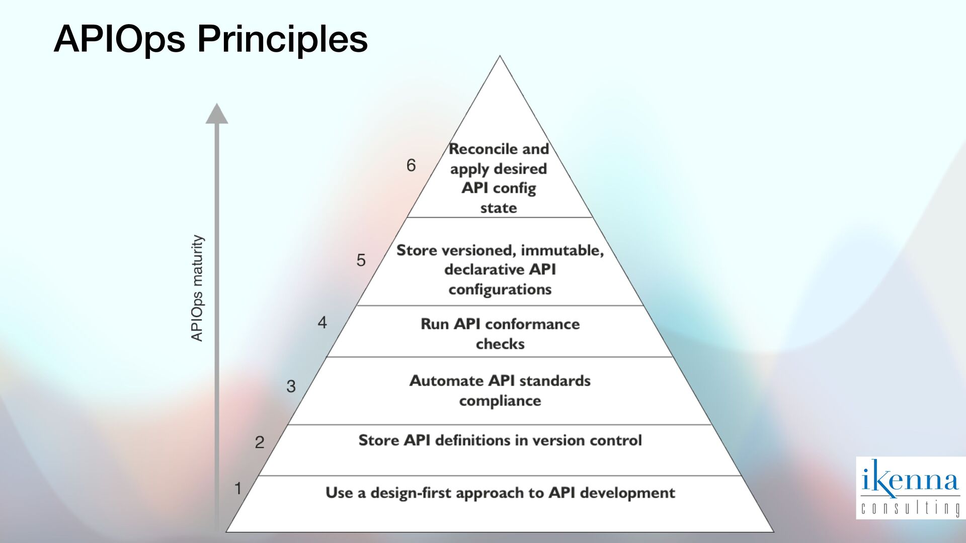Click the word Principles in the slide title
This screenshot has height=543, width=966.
[282, 39]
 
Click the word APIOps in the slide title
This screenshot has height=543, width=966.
[119, 39]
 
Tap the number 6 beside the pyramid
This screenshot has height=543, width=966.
[411, 165]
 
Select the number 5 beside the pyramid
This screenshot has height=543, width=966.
[361, 260]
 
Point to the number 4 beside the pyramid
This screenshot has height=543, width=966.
[322, 322]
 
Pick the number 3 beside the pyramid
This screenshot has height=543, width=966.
[291, 386]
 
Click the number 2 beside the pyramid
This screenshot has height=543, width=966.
[259, 442]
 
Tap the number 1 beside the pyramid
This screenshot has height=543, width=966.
[238, 488]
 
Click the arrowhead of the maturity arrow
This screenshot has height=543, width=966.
[217, 114]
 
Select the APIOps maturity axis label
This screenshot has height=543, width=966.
[197, 288]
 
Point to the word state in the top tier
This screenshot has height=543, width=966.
[498, 208]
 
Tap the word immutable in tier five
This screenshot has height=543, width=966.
[561, 250]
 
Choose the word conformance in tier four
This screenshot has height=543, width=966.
[532, 324]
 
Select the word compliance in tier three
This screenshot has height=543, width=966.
[500, 401]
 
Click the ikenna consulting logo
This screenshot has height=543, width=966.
[910, 487]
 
